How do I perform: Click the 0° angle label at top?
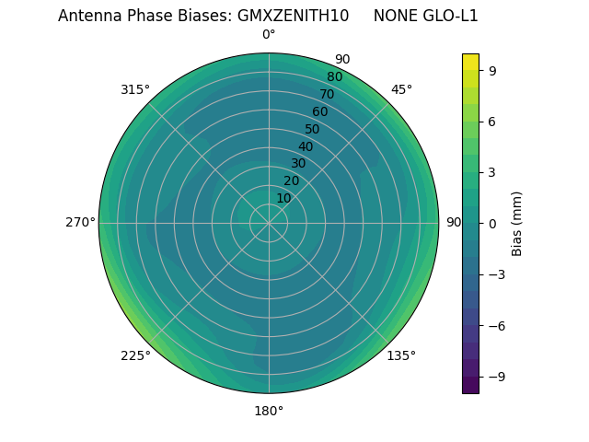click(269, 35)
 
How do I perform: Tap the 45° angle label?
click(401, 89)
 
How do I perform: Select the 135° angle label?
click(401, 355)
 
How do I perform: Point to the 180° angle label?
click(269, 411)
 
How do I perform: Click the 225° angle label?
click(135, 355)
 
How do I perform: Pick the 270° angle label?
click(80, 222)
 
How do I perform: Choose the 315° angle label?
click(135, 89)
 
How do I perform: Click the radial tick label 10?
click(283, 198)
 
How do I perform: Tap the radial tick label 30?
click(298, 164)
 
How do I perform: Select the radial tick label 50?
click(313, 129)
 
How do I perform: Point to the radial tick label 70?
click(327, 94)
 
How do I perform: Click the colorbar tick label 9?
click(493, 69)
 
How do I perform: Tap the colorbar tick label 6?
click(493, 121)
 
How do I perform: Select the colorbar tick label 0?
click(493, 223)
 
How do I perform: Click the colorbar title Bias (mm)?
click(517, 223)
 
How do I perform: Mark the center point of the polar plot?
click(269, 223)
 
